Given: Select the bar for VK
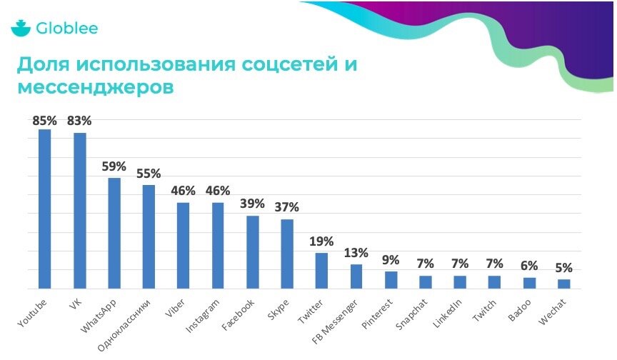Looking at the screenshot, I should click(x=79, y=211).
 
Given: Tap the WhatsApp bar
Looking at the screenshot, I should click(x=114, y=233).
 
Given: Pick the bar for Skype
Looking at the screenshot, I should click(x=287, y=254).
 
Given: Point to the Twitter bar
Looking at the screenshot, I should click(x=321, y=271).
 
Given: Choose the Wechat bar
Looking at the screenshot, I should click(x=564, y=284).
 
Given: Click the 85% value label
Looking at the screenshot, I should click(x=45, y=120).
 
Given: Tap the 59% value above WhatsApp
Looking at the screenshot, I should click(x=114, y=166).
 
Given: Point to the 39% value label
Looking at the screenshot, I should click(x=252, y=204).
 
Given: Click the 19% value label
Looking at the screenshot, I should click(x=321, y=241).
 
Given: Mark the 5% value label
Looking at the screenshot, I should click(x=564, y=269).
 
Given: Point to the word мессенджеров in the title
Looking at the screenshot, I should click(x=94, y=89).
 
